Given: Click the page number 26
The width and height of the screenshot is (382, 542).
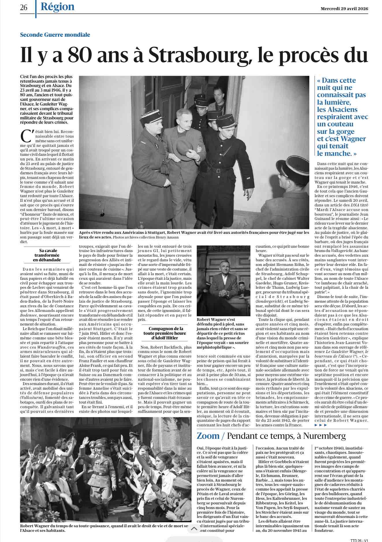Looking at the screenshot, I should tap(24, 8).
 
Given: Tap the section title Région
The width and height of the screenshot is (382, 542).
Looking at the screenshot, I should tap(57, 7).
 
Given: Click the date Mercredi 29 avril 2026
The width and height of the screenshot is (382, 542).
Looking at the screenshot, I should tap(344, 9).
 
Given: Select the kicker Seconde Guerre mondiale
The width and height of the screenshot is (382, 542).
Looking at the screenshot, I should tap(55, 35).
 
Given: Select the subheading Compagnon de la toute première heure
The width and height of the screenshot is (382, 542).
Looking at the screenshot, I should tap(166, 333).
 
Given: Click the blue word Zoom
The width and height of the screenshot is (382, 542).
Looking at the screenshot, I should tap(208, 436).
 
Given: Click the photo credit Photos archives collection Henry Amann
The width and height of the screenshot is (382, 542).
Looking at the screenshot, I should tap(146, 237).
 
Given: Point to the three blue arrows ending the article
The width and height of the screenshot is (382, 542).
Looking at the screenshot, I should tap(320, 425).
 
